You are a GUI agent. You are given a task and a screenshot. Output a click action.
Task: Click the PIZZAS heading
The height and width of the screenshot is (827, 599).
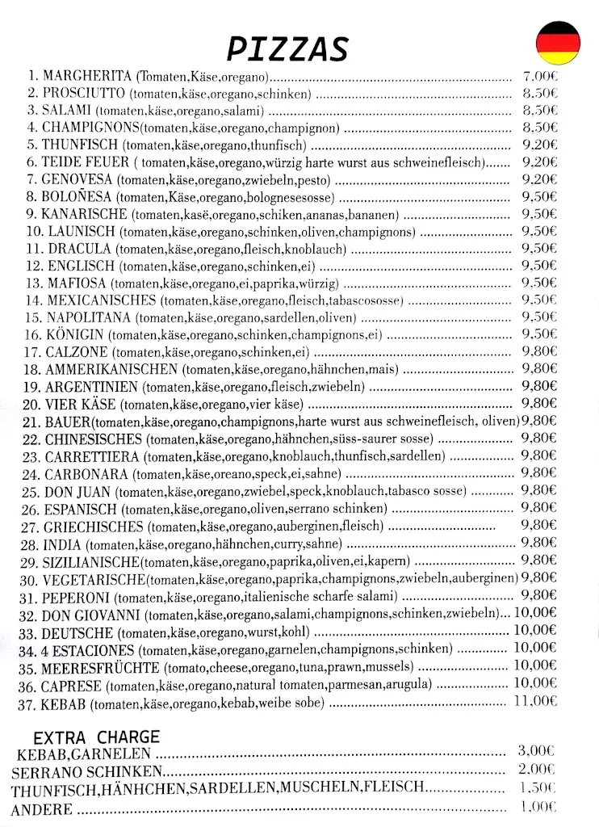[x=287, y=48]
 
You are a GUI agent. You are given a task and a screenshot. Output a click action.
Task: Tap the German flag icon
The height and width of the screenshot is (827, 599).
[x=558, y=42]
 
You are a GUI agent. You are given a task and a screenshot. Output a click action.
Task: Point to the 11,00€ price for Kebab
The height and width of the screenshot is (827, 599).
[x=535, y=701]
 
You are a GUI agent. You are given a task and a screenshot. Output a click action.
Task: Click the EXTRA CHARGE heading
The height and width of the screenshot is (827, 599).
[x=96, y=737]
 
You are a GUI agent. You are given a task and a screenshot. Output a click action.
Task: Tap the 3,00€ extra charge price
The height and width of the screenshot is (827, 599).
[x=536, y=751]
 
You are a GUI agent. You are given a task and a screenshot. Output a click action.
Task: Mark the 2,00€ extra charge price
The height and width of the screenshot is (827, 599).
[x=536, y=770]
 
